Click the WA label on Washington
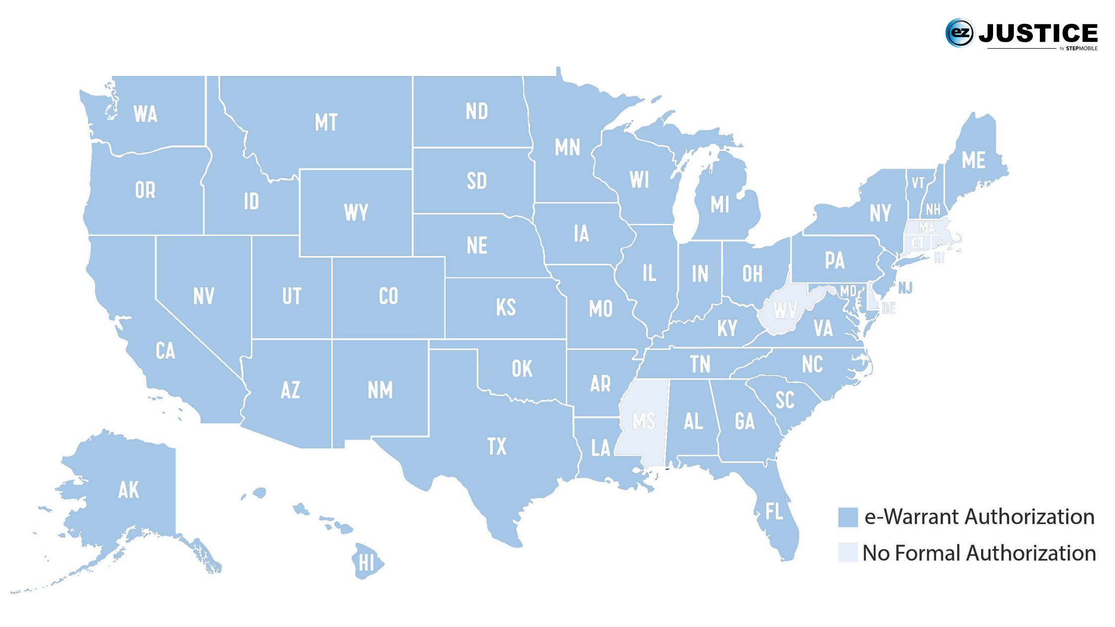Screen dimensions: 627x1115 (x=145, y=114)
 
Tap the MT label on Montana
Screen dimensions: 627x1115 (x=326, y=122)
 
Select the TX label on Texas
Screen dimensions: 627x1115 (x=497, y=446)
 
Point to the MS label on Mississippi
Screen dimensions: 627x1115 (x=644, y=421)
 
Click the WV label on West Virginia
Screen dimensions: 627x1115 (x=785, y=311)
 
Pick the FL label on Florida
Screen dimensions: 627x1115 (x=774, y=511)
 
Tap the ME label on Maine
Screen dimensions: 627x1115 (x=973, y=160)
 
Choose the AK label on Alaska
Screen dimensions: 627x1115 (x=128, y=490)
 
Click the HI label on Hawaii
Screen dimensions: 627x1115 (x=366, y=563)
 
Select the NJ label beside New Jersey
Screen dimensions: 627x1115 (x=905, y=288)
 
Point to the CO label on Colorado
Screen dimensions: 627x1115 (x=388, y=296)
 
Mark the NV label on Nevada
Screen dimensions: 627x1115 (x=204, y=296)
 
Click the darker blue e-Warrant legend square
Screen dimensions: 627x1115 (x=848, y=517)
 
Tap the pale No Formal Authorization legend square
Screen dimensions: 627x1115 (x=848, y=552)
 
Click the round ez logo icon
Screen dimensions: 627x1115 (x=959, y=33)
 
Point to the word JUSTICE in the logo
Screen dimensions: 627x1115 (x=1038, y=33)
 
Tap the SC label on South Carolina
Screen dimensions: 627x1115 (x=784, y=400)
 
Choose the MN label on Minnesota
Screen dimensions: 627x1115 (x=567, y=147)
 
